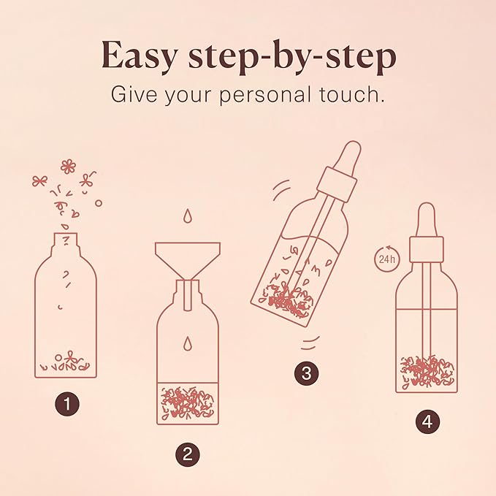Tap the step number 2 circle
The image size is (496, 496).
click(187, 454)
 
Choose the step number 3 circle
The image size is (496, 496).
click(307, 373)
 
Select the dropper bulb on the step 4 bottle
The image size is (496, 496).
click(427, 218)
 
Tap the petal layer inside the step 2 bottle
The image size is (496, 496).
click(188, 403)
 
